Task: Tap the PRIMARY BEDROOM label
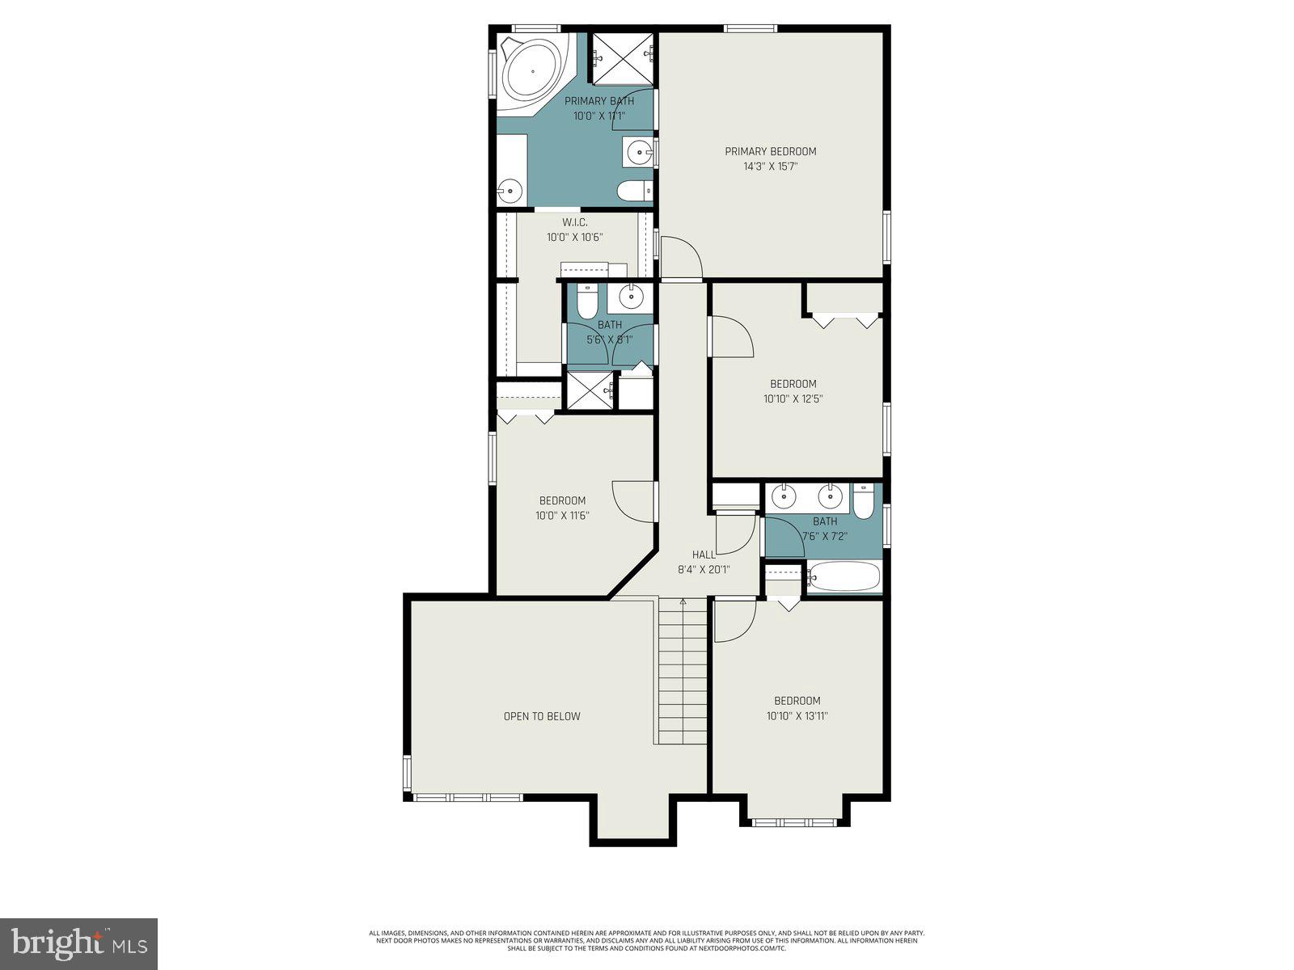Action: pyautogui.click(x=770, y=151)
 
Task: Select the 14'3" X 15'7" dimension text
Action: pyautogui.click(x=770, y=167)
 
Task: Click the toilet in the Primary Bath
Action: pyautogui.click(x=633, y=192)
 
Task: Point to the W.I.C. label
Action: pyautogui.click(x=574, y=222)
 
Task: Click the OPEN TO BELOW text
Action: pyautogui.click(x=542, y=716)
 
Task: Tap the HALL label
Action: pyautogui.click(x=704, y=555)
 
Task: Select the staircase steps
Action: pyautogui.click(x=683, y=671)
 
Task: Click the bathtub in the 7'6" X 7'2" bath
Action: pyautogui.click(x=843, y=577)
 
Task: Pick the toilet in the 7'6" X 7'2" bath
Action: pyautogui.click(x=863, y=503)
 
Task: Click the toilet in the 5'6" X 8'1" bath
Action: pyautogui.click(x=587, y=302)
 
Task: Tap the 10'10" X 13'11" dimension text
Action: pyautogui.click(x=797, y=715)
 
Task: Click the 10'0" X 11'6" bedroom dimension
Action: pyautogui.click(x=562, y=515)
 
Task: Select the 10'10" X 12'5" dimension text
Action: pyautogui.click(x=793, y=399)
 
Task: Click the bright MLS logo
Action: pyautogui.click(x=79, y=944)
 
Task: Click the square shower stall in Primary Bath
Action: pyautogui.click(x=622, y=58)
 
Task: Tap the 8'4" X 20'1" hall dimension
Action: pyautogui.click(x=704, y=569)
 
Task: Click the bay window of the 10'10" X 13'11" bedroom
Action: pyautogui.click(x=794, y=821)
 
